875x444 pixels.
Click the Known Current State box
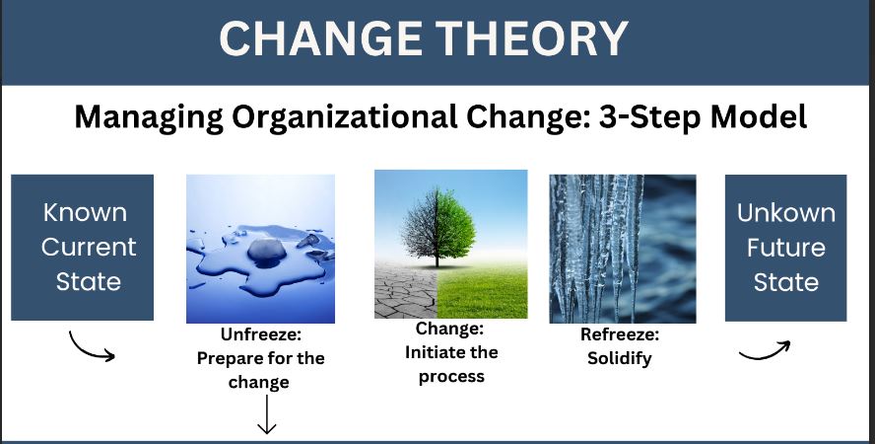click(83, 248)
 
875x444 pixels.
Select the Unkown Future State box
click(785, 248)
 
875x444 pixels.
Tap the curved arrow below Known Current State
click(90, 348)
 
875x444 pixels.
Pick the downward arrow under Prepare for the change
click(267, 413)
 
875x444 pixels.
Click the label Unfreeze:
click(260, 334)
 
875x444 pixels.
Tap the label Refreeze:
click(620, 334)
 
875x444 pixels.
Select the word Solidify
click(620, 358)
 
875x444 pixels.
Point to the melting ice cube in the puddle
click(267, 251)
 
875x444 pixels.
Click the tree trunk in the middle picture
click(437, 258)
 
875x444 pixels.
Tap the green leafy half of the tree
click(456, 227)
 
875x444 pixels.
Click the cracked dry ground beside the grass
click(406, 289)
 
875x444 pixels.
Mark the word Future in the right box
click(785, 248)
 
